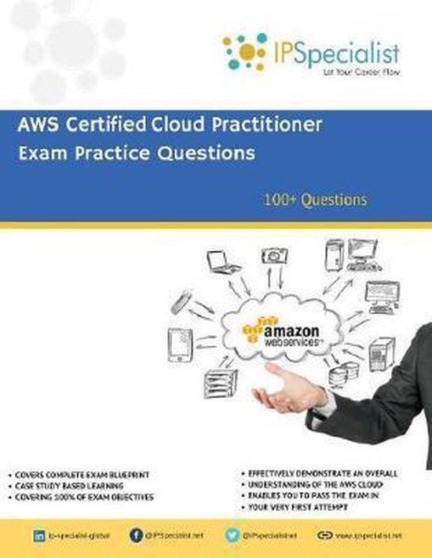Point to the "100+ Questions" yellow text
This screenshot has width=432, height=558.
click(x=315, y=199)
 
